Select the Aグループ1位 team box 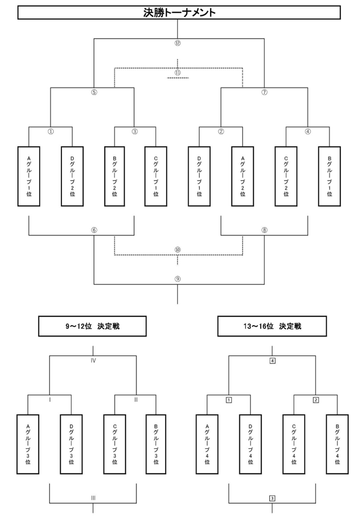[29, 176]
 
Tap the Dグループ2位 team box [72, 176]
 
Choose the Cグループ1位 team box [156, 176]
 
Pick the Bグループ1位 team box [329, 176]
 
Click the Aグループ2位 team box [243, 176]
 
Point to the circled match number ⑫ [178, 44]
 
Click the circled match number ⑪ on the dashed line [178, 72]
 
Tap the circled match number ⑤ [94, 92]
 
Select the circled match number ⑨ [178, 279]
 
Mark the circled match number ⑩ [178, 250]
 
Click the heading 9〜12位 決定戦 [93, 326]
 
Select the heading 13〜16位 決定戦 [272, 326]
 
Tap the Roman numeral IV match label [93, 361]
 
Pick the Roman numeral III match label [93, 498]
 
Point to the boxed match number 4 [272, 361]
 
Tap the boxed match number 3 [272, 498]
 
